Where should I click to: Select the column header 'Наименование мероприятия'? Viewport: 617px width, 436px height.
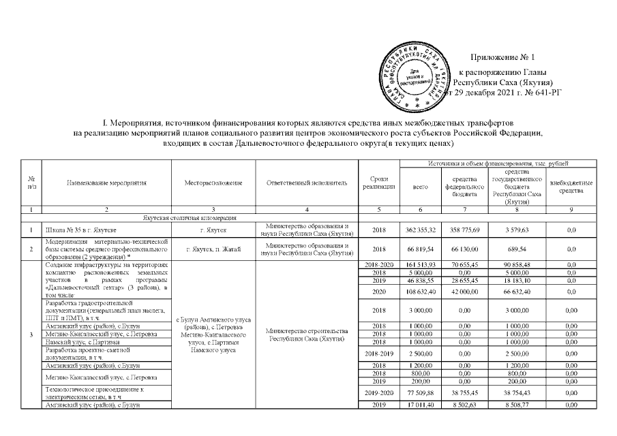pyautogui.click(x=106, y=183)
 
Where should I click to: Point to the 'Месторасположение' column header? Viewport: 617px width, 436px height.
pyautogui.click(x=214, y=183)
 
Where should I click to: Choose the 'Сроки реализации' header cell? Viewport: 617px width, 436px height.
pyautogui.click(x=379, y=183)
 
